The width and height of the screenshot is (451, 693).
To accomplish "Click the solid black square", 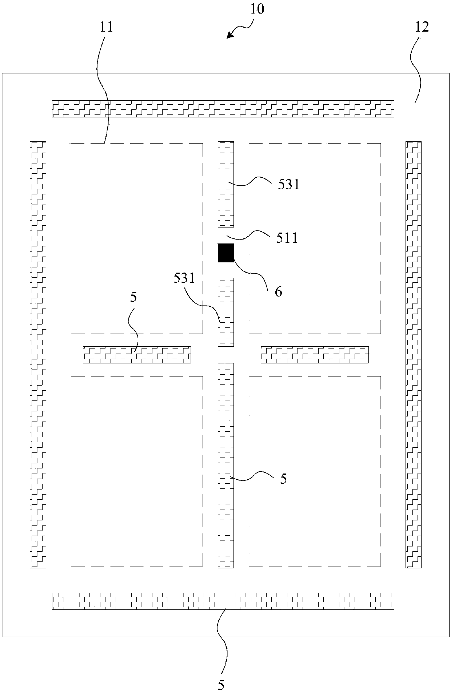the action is click(225, 253).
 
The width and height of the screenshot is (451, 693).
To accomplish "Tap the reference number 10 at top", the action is click(257, 9).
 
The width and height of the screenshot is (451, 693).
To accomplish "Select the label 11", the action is click(107, 27).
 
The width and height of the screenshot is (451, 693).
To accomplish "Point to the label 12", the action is click(422, 27).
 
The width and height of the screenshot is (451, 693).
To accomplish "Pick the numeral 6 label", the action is click(278, 291).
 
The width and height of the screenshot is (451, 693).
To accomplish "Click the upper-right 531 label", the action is click(288, 185).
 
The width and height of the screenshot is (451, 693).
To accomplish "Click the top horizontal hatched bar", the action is click(223, 109).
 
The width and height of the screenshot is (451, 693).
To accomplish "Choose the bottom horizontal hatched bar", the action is click(223, 601).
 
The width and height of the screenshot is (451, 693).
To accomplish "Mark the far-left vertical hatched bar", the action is click(38, 354).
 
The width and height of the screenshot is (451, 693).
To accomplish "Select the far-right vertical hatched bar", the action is click(414, 354).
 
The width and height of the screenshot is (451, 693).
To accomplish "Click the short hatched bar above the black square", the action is click(225, 184).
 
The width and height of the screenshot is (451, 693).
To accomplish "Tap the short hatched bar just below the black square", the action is click(225, 313).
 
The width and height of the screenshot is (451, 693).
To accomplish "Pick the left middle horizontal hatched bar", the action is click(137, 355).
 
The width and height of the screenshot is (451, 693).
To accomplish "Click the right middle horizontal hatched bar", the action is click(315, 355).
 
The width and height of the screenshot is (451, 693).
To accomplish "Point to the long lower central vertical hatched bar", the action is click(225, 465).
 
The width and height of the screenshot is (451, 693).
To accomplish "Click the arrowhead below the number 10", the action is click(229, 35).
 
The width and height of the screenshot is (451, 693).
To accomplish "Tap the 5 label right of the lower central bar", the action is click(283, 479).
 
